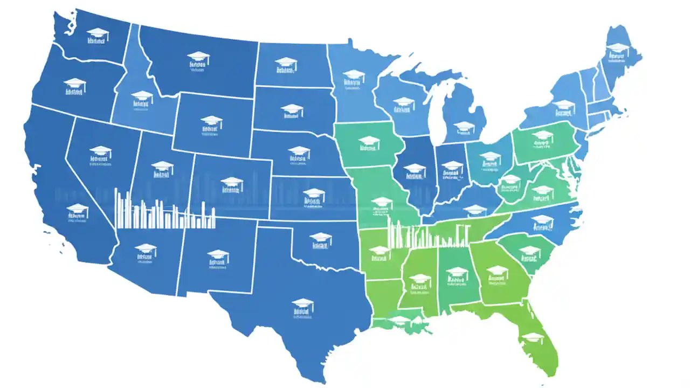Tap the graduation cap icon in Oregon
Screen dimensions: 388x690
pyautogui.click(x=74, y=84)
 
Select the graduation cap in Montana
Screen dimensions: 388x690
pyautogui.click(x=198, y=56)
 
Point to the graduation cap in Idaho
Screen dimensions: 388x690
pyautogui.click(x=142, y=96)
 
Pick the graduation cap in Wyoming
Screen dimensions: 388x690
pyautogui.click(x=212, y=121)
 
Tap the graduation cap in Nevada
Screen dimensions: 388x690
pyautogui.click(x=100, y=151)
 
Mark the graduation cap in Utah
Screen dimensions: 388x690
pyautogui.click(x=162, y=166)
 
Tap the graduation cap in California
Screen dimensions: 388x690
pyautogui.click(x=77, y=209)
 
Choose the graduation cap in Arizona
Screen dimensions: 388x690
pyautogui.click(x=145, y=248)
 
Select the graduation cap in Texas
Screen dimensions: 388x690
pyautogui.click(x=303, y=303)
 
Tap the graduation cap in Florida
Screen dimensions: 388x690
pyautogui.click(x=534, y=336)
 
